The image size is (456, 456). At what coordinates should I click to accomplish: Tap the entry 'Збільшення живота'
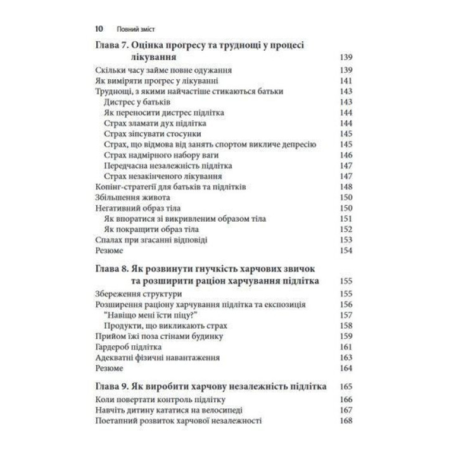pos(126,198)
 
